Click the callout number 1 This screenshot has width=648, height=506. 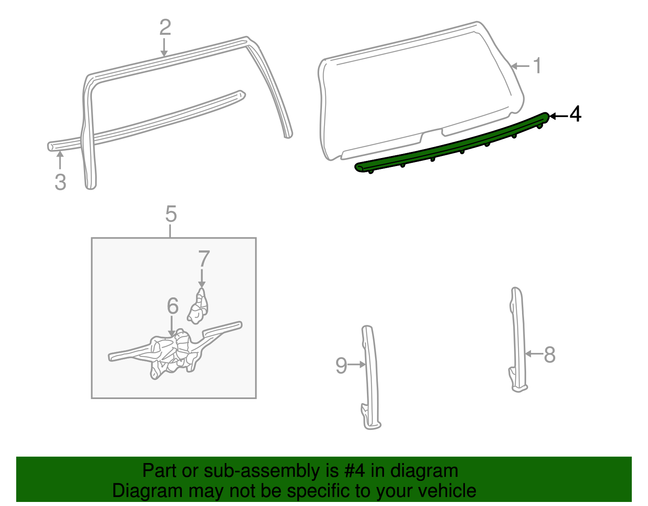click(x=537, y=66)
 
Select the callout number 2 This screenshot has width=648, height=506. click(x=165, y=28)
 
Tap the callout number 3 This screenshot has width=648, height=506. click(x=60, y=182)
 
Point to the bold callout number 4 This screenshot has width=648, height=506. click(x=575, y=114)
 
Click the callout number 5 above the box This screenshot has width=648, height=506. click(x=171, y=214)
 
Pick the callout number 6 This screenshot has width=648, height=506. click(x=173, y=306)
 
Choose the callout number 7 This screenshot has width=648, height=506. click(x=204, y=259)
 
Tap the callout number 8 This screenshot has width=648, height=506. click(x=549, y=354)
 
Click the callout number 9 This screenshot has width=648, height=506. click(x=341, y=365)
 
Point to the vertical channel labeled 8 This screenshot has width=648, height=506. click(x=518, y=340)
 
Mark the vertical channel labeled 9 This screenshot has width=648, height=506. click(x=371, y=377)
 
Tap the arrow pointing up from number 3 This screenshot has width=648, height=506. click(x=60, y=160)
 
